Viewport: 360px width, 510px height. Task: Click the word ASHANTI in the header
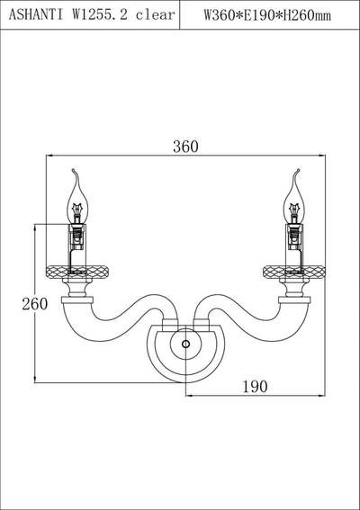click(x=36, y=15)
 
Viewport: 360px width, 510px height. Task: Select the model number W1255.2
click(x=100, y=15)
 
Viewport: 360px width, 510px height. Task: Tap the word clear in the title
click(x=156, y=15)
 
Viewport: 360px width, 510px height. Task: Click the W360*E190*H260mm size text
click(x=267, y=15)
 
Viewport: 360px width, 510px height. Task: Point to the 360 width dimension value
click(x=185, y=147)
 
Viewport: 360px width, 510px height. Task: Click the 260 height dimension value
click(x=35, y=304)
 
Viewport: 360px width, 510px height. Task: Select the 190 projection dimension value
click(x=256, y=387)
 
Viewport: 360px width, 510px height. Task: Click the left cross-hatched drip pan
click(x=77, y=272)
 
